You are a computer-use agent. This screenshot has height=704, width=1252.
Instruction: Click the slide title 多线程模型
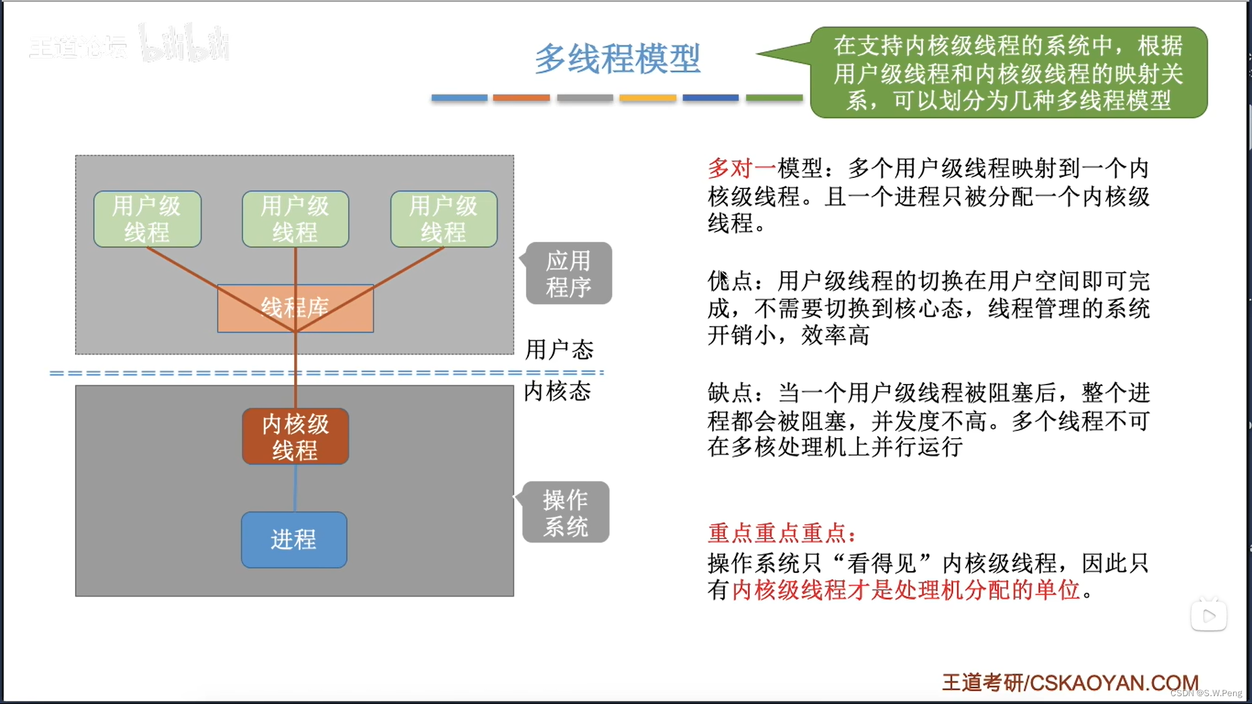click(617, 59)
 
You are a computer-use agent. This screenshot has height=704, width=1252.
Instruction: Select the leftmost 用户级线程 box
click(147, 219)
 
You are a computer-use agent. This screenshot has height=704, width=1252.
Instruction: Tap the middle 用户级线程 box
click(295, 219)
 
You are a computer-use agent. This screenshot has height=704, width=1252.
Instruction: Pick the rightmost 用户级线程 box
click(444, 219)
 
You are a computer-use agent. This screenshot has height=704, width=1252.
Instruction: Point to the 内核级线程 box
click(295, 437)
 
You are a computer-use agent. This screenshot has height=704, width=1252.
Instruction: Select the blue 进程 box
click(294, 540)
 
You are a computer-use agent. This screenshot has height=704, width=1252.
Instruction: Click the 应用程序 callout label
click(569, 274)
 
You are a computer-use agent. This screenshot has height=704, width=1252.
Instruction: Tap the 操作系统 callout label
click(566, 512)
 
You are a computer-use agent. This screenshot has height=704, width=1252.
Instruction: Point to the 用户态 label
click(559, 350)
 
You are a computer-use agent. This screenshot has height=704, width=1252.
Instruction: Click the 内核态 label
click(558, 391)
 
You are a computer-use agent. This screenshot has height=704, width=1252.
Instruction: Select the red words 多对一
click(741, 168)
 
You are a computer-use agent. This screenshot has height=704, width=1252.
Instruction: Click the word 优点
click(730, 281)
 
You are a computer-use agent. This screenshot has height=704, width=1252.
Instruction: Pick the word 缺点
click(730, 393)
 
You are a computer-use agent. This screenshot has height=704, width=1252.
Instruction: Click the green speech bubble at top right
click(1008, 72)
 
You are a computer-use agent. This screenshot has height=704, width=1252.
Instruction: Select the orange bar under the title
click(521, 98)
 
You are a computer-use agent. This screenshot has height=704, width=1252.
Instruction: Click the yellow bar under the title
click(648, 98)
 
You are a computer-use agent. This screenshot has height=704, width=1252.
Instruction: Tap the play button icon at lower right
click(1208, 616)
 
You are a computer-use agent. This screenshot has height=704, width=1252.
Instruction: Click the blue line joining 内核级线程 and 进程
click(295, 488)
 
